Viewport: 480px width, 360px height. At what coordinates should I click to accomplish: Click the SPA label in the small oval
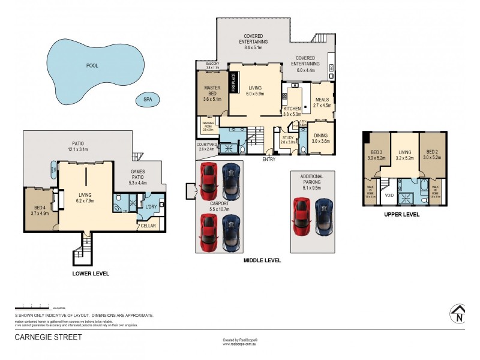145,100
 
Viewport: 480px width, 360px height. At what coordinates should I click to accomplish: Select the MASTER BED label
213,91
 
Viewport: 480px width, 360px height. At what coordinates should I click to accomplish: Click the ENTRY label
269,159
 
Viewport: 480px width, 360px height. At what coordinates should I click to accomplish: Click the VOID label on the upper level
389,195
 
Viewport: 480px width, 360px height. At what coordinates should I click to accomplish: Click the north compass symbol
457,314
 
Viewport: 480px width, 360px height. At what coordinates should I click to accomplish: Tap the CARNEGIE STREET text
48,337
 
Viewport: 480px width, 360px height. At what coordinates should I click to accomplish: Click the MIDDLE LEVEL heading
262,261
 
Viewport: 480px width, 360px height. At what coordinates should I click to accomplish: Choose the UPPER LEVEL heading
402,214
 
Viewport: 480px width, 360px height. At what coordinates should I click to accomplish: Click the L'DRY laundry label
151,207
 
